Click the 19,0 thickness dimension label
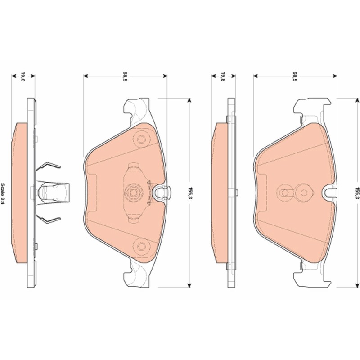[23, 77]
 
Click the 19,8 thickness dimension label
[223, 77]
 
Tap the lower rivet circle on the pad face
[142, 246]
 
